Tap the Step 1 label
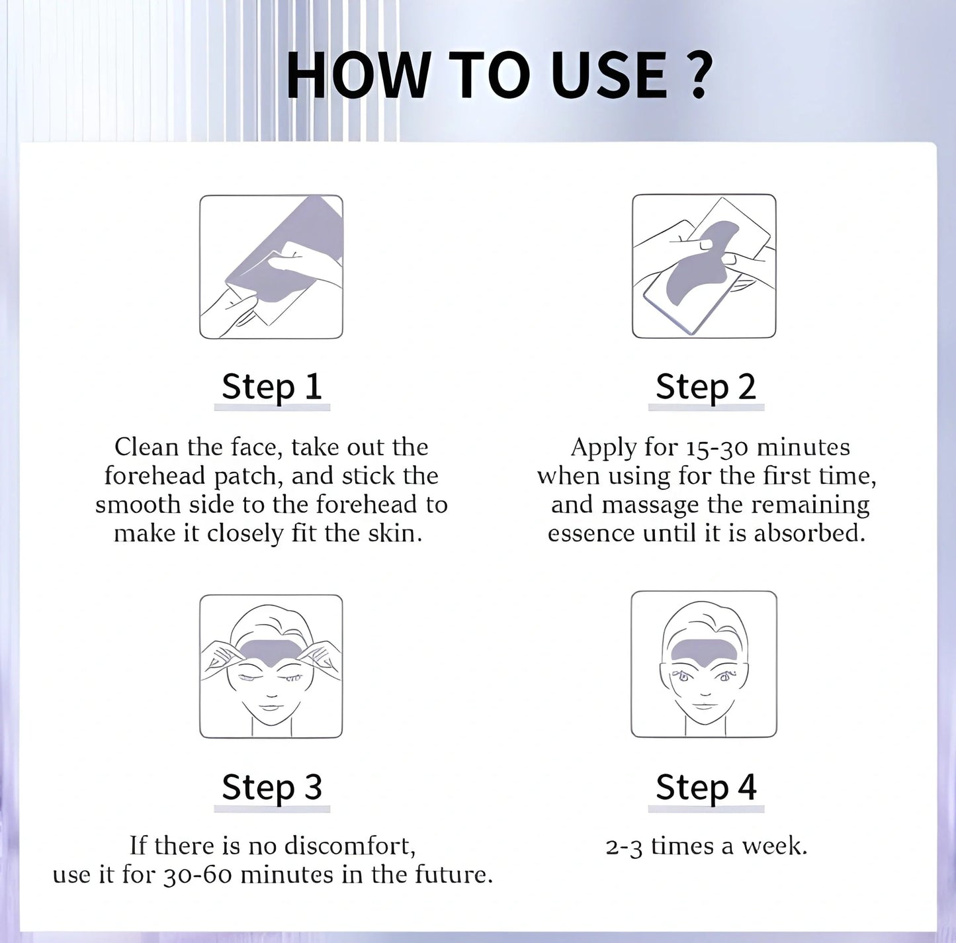tap(272, 386)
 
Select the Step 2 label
tap(706, 386)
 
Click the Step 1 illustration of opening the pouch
tap(271, 267)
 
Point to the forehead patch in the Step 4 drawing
tap(704, 652)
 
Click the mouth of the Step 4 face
tap(703, 705)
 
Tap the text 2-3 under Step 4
tap(624, 847)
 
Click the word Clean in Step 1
tap(146, 447)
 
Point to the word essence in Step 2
tap(591, 534)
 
